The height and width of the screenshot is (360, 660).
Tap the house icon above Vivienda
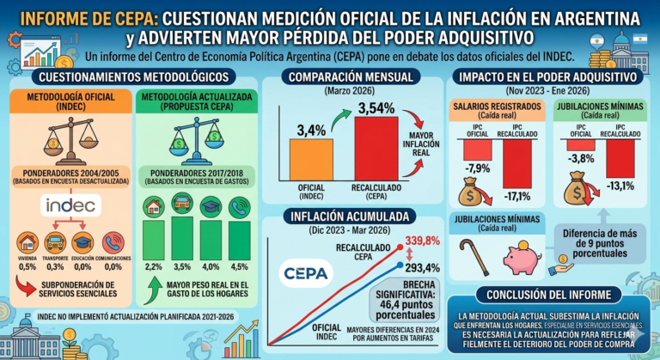click(x=27, y=242)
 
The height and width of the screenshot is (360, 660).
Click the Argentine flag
click(x=639, y=40)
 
